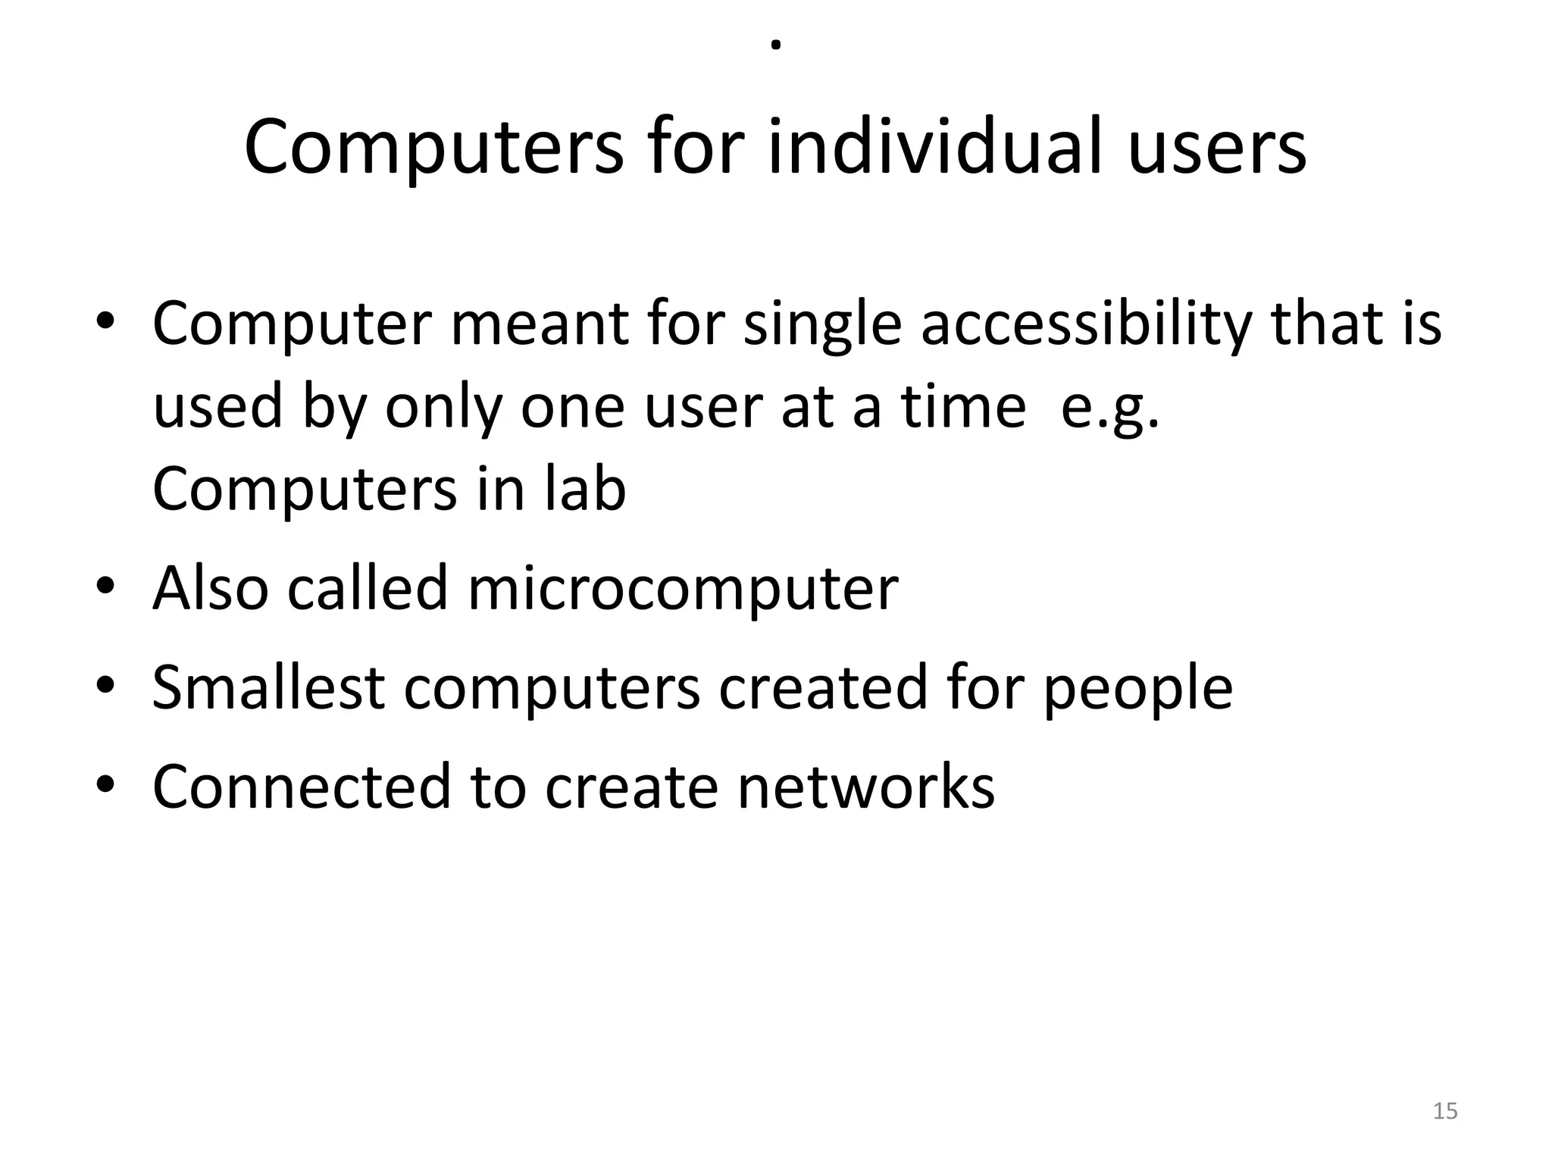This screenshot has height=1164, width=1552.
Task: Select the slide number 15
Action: (x=1445, y=1111)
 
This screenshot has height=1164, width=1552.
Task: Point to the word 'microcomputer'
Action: (x=683, y=588)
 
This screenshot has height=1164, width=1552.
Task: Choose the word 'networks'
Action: (x=865, y=787)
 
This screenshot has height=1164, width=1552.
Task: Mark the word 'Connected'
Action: (x=302, y=787)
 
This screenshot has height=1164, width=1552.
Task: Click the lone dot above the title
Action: (x=775, y=45)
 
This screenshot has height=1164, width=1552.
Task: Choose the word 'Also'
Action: (x=211, y=588)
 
